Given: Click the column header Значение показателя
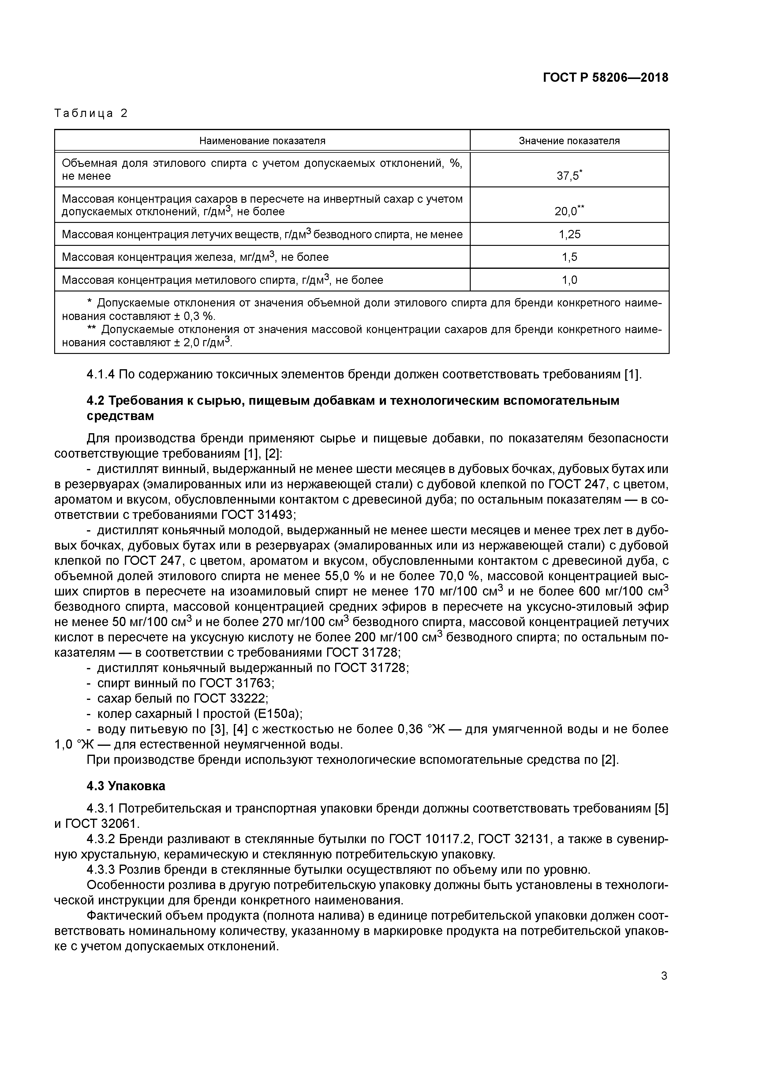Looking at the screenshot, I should click(569, 141).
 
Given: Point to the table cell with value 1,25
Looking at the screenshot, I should click(569, 234).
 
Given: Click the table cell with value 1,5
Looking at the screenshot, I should click(569, 257).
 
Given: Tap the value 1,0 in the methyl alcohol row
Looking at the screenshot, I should click(569, 280).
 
